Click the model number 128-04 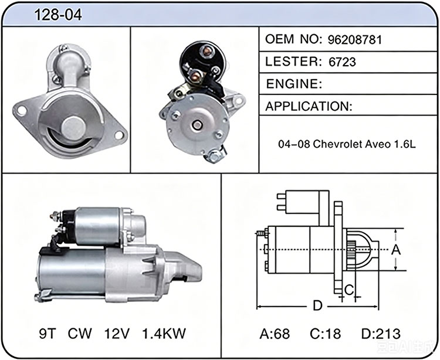point(58,15)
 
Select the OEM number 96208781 point(355,40)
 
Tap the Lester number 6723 point(342,62)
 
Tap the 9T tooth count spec point(48,334)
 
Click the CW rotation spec point(80,334)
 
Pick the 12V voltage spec point(117,334)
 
